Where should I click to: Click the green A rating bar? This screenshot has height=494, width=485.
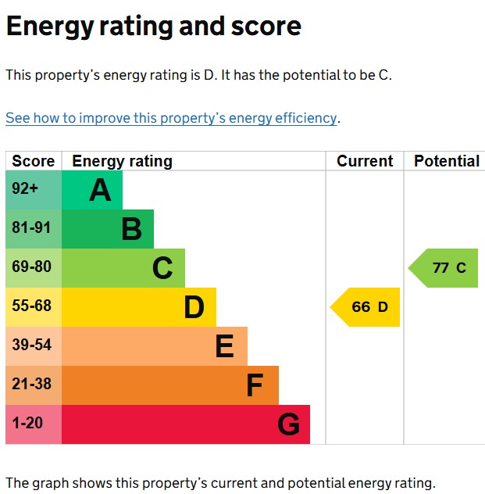(x=92, y=190)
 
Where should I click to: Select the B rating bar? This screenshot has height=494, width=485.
(x=108, y=229)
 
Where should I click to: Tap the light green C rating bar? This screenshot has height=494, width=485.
(x=123, y=268)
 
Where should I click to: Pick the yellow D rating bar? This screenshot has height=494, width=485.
(x=139, y=307)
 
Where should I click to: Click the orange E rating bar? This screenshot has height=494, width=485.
(x=155, y=346)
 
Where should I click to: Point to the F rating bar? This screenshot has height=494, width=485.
(x=170, y=385)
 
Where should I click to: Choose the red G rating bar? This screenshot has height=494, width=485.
(x=186, y=424)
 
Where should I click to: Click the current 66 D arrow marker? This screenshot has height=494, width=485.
(x=366, y=307)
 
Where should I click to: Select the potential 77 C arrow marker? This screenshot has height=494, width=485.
(x=444, y=268)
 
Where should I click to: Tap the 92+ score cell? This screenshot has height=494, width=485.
(x=34, y=190)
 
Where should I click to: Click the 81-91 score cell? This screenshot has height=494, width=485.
(x=34, y=229)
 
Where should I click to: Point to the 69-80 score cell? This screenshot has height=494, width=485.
(x=34, y=268)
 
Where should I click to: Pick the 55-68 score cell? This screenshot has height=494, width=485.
(x=34, y=307)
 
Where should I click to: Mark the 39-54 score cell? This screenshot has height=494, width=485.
(x=34, y=346)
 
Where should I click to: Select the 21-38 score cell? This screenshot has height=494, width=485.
(x=34, y=385)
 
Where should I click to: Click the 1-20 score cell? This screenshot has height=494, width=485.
(x=34, y=424)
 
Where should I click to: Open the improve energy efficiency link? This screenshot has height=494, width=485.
(x=171, y=119)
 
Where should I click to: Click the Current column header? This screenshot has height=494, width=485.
(x=365, y=162)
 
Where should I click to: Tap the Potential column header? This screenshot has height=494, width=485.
(x=446, y=162)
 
